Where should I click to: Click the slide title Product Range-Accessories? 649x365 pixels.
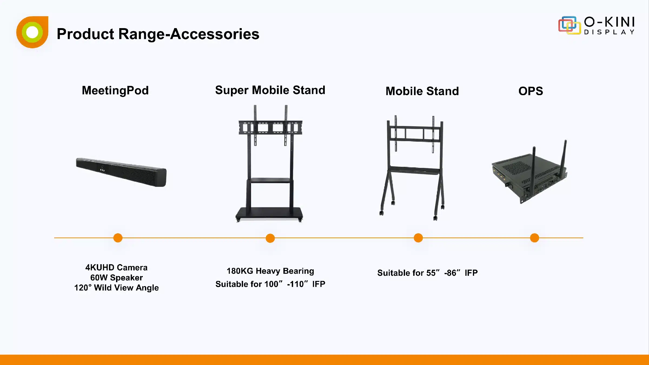tap(158, 34)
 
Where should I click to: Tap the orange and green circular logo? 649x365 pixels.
tap(32, 32)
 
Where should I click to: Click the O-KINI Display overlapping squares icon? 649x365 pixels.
tap(569, 25)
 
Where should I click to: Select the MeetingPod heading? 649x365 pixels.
tap(115, 91)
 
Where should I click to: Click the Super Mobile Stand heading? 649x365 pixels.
tap(270, 90)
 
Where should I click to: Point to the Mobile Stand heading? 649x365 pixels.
tap(422, 91)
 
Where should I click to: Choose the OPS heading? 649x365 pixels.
tap(531, 91)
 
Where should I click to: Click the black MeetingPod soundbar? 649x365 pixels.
tap(121, 172)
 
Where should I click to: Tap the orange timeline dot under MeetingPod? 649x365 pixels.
tap(118, 238)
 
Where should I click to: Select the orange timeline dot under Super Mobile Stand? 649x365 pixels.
tap(270, 238)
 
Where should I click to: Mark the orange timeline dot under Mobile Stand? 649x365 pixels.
tap(418, 238)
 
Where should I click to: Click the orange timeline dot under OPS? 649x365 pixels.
tap(535, 238)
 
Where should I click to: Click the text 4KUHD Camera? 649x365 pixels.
tap(117, 268)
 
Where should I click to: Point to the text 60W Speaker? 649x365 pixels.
tap(117, 278)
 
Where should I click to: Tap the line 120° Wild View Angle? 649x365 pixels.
tap(117, 288)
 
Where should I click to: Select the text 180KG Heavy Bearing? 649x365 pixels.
tap(270, 271)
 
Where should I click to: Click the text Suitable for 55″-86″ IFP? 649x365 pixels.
tap(428, 273)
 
